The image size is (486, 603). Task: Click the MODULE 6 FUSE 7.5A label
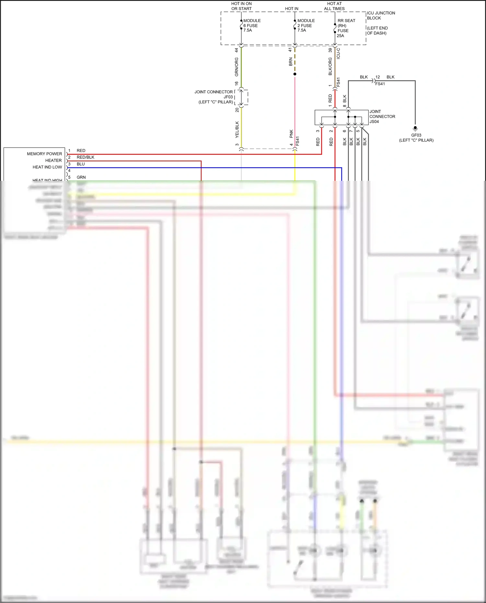pyautogui.click(x=252, y=25)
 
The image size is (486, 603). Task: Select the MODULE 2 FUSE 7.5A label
pyautogui.click(x=306, y=25)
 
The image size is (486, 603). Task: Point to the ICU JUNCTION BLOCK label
pyautogui.click(x=381, y=16)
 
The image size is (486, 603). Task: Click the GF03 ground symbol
pyautogui.click(x=415, y=128)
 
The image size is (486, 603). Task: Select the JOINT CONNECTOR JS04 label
pyautogui.click(x=382, y=116)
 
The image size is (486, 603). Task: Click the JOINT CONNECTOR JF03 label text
pyautogui.click(x=214, y=97)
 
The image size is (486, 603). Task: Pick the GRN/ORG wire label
pyautogui.click(x=237, y=67)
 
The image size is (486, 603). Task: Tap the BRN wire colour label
pyautogui.click(x=291, y=62)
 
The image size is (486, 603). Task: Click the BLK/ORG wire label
pyautogui.click(x=330, y=66)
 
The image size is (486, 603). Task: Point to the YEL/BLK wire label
pyautogui.click(x=237, y=129)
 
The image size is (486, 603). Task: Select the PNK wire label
pyautogui.click(x=291, y=133)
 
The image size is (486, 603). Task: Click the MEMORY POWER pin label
pyautogui.click(x=44, y=154)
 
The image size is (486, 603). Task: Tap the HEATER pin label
pyautogui.click(x=53, y=160)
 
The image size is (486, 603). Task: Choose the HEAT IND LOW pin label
pyautogui.click(x=47, y=167)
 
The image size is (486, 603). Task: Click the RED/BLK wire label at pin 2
pyautogui.click(x=86, y=157)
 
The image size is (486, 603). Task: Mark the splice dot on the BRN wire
pyautogui.click(x=295, y=74)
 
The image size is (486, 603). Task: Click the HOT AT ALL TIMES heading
pyautogui.click(x=334, y=6)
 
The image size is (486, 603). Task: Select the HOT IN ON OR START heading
pyautogui.click(x=241, y=6)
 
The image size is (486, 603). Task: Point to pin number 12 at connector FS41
pyautogui.click(x=377, y=77)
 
